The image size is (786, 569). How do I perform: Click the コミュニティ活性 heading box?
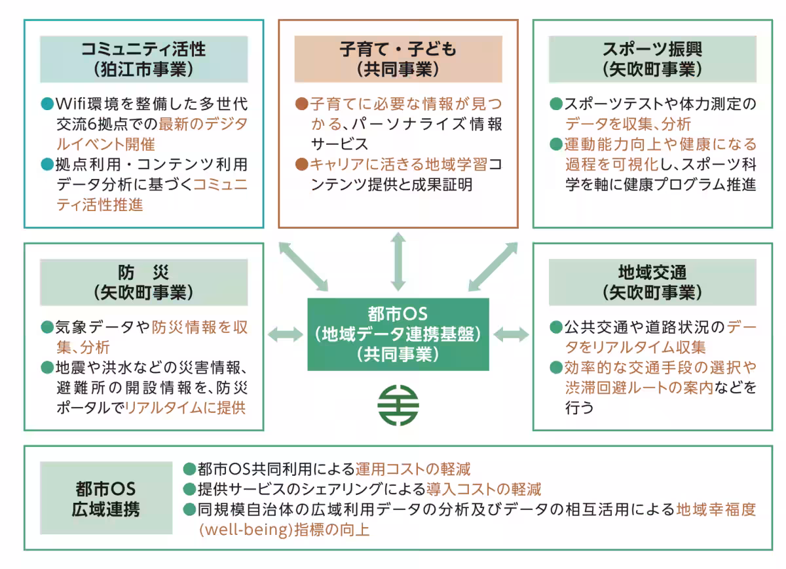click(x=143, y=59)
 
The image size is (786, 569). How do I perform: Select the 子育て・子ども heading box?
click(x=398, y=59)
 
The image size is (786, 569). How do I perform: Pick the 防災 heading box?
click(x=143, y=282)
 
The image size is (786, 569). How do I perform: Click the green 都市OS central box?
click(x=398, y=334)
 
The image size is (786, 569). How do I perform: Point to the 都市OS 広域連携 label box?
click(x=105, y=498)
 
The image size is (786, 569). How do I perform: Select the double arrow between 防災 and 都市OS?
click(x=286, y=334)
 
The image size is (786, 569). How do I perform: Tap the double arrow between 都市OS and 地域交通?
click(x=511, y=334)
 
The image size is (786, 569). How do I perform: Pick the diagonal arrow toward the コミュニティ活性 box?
click(x=303, y=266)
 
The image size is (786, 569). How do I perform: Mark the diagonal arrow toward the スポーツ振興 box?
click(x=493, y=266)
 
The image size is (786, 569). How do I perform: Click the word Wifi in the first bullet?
click(x=73, y=104)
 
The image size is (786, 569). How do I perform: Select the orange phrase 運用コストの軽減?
click(x=413, y=469)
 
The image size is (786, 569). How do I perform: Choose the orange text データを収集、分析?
click(x=628, y=124)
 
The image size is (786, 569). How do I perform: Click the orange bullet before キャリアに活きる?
click(x=301, y=163)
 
